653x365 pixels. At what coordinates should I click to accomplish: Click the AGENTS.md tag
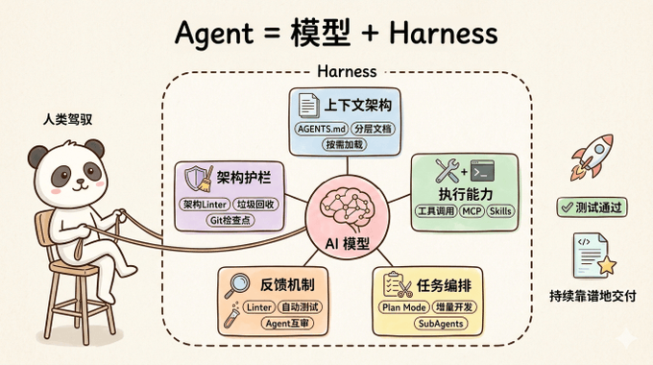tap(321, 129)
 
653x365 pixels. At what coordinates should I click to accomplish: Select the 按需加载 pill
tap(344, 145)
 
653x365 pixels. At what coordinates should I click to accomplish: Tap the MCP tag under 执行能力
tap(472, 211)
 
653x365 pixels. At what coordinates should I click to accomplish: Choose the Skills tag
tap(500, 211)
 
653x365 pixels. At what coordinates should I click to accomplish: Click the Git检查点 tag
tap(230, 220)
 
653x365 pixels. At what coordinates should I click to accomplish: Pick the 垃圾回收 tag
tap(255, 205)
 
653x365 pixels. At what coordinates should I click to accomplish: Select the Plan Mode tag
tap(403, 307)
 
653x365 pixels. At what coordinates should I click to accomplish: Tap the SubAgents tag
tap(441, 324)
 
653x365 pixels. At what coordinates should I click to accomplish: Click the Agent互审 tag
tap(287, 324)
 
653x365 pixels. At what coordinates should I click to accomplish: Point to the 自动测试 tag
tap(300, 307)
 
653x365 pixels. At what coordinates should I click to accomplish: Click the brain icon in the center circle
tap(346, 208)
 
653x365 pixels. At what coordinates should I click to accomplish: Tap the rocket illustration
tap(592, 158)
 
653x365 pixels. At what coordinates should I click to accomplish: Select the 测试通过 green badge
tap(592, 207)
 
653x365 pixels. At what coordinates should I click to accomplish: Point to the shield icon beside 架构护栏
tap(194, 178)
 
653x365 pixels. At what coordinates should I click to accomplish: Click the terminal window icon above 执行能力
tap(482, 171)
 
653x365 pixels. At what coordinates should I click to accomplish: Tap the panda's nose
tap(81, 181)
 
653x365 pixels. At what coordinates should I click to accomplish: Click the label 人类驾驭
tap(67, 120)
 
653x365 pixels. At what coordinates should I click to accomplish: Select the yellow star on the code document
tap(607, 265)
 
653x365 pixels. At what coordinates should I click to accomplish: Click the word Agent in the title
tap(214, 34)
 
